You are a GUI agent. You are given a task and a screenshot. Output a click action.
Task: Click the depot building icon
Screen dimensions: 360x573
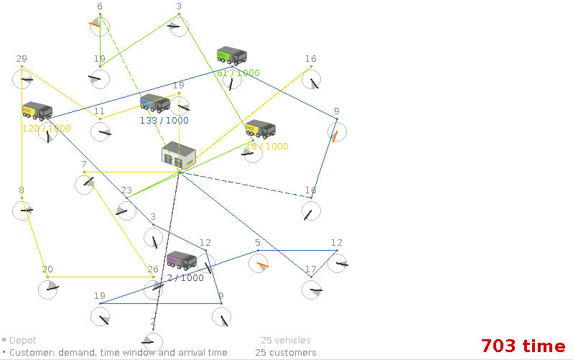(179, 156)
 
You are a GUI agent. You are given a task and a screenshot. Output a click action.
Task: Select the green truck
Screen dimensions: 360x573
(231, 55)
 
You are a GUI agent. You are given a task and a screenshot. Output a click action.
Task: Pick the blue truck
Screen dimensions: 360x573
(154, 103)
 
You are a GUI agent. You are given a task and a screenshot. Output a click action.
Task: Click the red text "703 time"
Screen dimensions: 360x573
(523, 346)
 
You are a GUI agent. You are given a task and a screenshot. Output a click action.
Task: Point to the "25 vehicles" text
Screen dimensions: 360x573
(286, 341)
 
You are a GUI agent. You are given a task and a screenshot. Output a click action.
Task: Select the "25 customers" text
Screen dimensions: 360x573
(286, 353)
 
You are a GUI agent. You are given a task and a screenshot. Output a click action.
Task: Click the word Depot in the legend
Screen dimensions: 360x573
(22, 341)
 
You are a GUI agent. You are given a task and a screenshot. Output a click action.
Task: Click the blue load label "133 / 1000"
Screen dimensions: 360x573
(164, 121)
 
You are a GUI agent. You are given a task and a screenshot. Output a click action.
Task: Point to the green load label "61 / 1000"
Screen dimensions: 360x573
(238, 73)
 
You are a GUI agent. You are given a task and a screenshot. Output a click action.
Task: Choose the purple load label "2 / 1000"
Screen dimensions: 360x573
(185, 278)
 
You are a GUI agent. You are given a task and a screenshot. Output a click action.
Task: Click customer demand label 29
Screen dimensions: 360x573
(22, 59)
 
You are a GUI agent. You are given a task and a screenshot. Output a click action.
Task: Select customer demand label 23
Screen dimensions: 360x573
(126, 190)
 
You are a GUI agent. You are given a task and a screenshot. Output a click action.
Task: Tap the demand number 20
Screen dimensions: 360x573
(47, 269)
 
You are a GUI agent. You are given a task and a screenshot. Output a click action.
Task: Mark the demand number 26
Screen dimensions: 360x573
(153, 269)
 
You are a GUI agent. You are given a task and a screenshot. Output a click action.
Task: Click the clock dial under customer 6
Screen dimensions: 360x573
(100, 27)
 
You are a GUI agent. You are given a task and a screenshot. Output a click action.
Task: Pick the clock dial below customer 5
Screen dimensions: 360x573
(258, 264)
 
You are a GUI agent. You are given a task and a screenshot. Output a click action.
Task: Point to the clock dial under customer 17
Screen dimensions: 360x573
(311, 290)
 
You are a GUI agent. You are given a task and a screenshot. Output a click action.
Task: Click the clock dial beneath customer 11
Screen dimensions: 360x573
(101, 131)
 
